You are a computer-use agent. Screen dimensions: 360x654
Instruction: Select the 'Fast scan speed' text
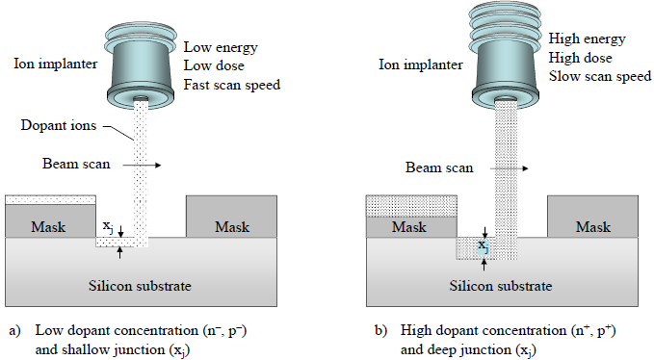pos(231,84)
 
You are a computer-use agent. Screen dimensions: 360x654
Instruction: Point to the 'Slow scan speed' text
pos(594,76)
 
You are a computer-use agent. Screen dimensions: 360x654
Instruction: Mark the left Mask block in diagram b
pos(409,228)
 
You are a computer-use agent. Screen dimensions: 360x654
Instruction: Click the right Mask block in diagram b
pos(592,228)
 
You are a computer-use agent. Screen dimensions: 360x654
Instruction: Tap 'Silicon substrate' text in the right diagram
pos(501,287)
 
